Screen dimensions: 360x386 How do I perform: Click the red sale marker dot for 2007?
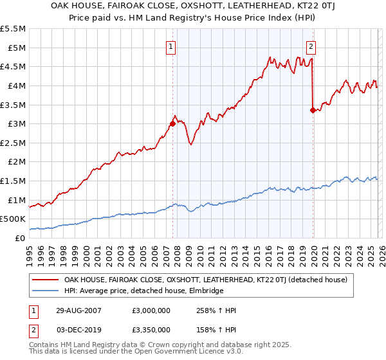click(x=172, y=123)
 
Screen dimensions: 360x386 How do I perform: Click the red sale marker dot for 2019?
click(x=313, y=110)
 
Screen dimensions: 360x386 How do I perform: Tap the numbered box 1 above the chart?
click(x=172, y=46)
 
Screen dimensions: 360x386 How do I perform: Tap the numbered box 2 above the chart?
click(x=311, y=46)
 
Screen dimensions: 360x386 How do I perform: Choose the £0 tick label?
click(x=20, y=239)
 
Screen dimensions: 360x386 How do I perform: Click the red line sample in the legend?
click(x=45, y=280)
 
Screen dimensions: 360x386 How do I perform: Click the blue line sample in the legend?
click(x=45, y=291)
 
